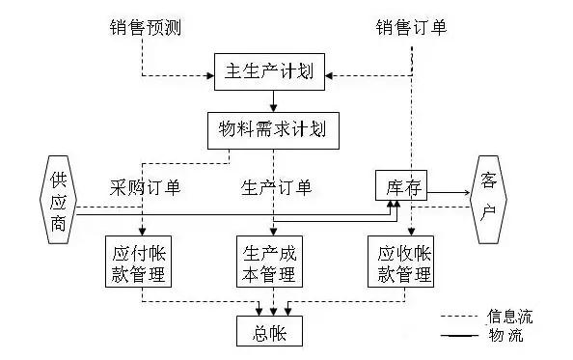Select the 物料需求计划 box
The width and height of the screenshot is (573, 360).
click(274, 128)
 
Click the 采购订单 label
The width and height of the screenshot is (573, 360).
click(146, 185)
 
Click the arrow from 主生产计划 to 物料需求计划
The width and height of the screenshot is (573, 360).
click(274, 100)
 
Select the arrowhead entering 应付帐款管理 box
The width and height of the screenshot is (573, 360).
click(142, 231)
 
